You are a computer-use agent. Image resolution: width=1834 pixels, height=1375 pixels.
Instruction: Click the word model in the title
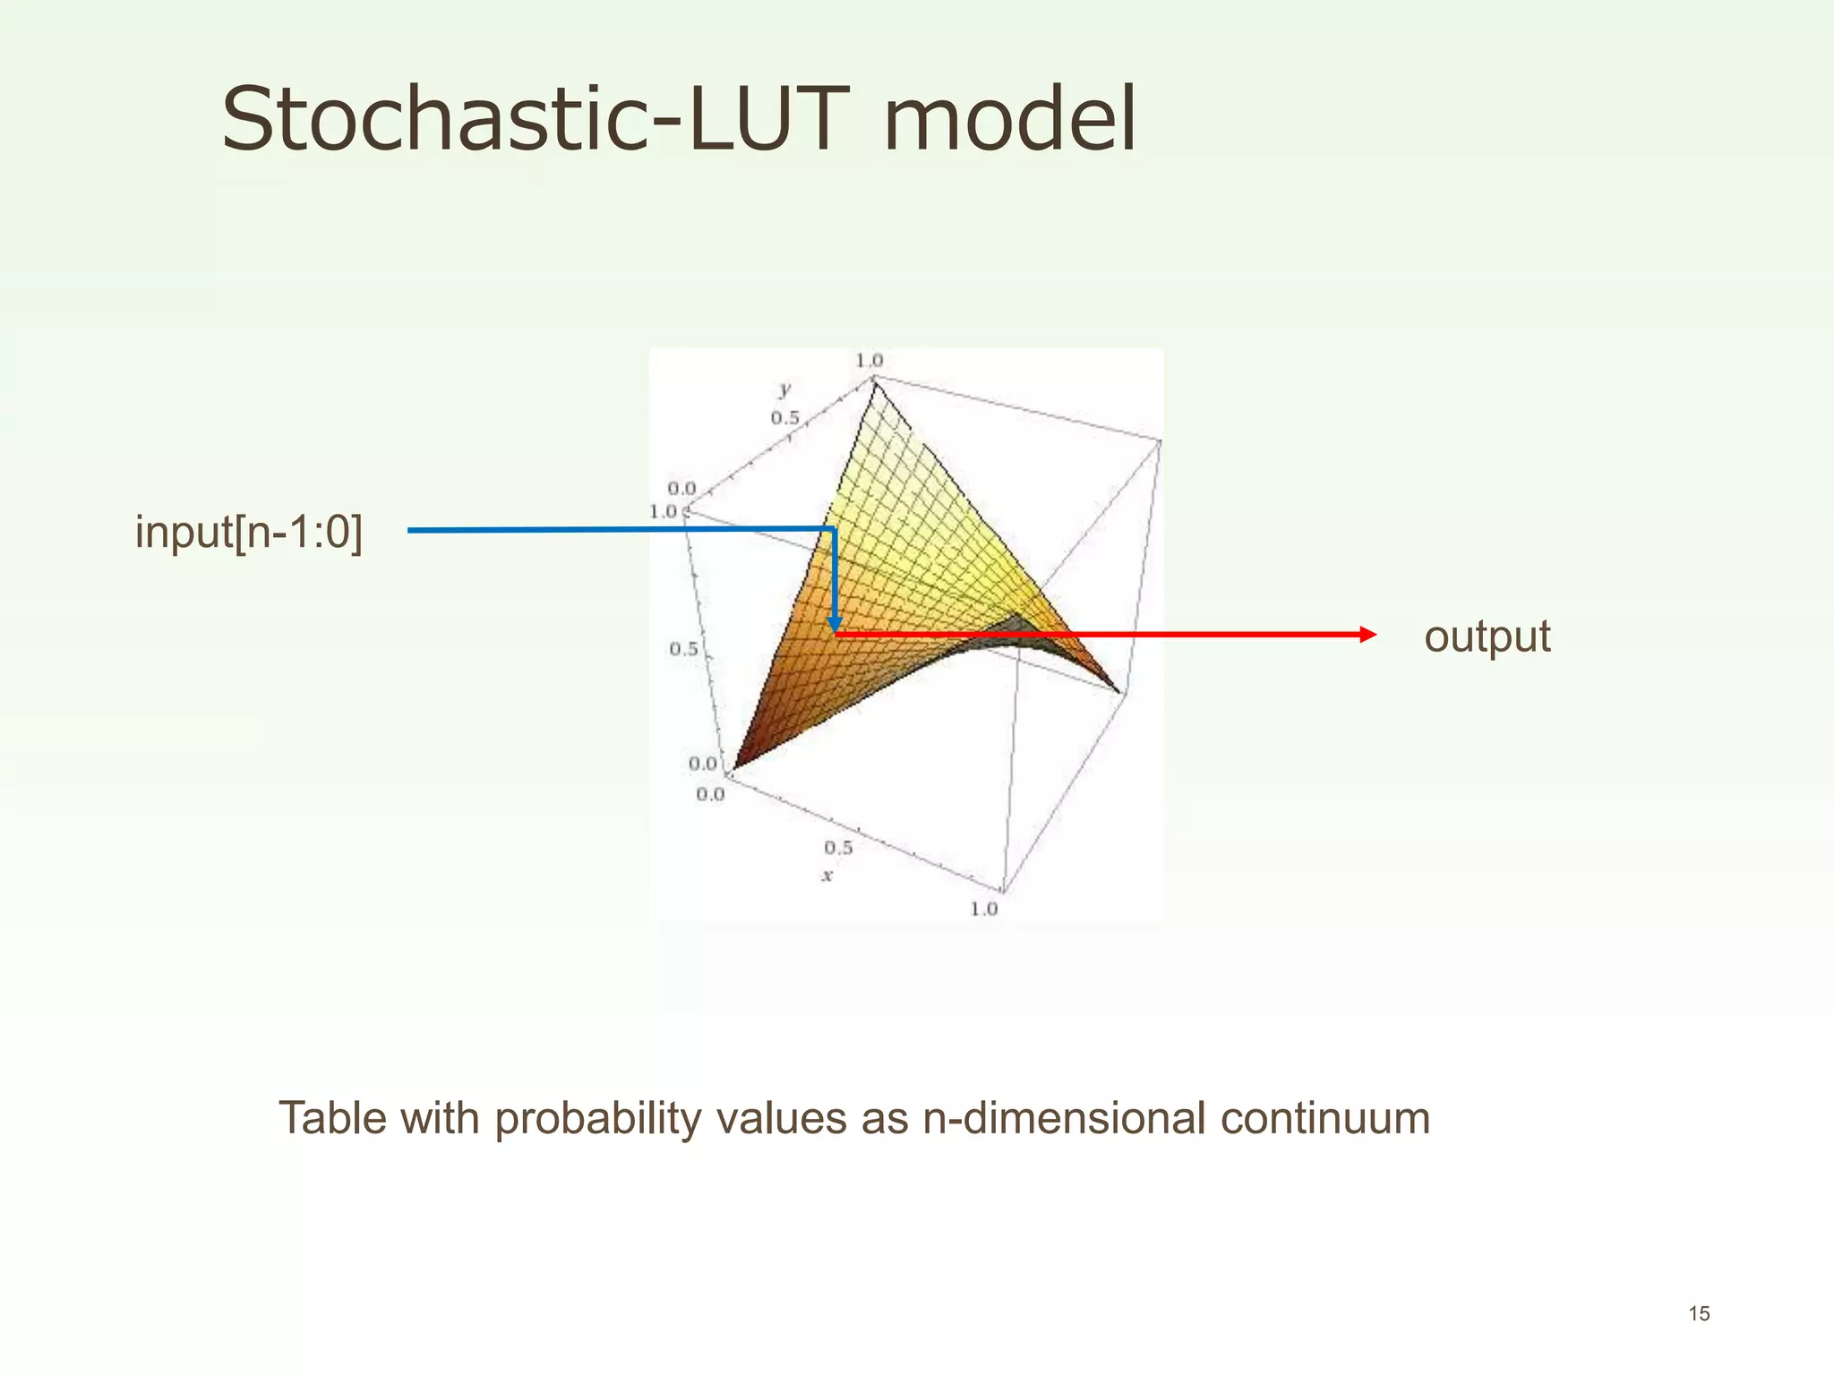pos(1009,119)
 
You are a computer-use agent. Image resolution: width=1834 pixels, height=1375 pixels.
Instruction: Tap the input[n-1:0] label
pos(249,532)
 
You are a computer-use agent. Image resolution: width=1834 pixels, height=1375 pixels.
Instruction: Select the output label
pos(1487,636)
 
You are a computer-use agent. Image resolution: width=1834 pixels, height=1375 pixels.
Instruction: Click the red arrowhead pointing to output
pos(1367,635)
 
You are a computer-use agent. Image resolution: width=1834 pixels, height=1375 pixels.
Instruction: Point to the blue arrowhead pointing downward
pos(835,624)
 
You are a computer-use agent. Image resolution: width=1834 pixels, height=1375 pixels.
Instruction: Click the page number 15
pos(1699,1313)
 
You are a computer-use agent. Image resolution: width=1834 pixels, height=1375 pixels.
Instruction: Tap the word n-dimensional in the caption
pos(1064,1118)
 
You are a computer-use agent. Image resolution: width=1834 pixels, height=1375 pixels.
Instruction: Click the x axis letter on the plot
pos(827,875)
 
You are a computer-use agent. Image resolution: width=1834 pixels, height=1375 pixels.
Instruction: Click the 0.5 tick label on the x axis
pos(838,847)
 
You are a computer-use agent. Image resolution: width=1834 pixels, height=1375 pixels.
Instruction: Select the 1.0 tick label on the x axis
pos(983,909)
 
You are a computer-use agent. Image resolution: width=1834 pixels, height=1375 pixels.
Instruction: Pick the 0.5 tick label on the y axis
pos(784,418)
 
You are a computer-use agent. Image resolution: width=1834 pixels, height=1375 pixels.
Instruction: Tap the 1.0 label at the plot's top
pos(869,361)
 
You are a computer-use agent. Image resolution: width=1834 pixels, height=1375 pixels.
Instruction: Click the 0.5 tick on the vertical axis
pos(683,649)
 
